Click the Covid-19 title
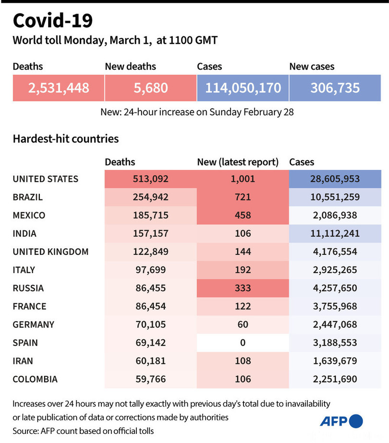click(53, 21)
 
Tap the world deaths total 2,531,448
click(58, 88)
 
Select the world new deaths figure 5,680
click(150, 88)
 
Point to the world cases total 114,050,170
click(243, 88)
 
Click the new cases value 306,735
click(335, 88)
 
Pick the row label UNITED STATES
click(45, 179)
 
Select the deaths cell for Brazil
click(150, 197)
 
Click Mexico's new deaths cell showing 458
click(243, 216)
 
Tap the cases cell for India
click(335, 234)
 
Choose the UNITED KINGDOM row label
click(50, 251)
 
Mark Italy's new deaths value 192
click(243, 270)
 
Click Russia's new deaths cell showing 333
click(243, 288)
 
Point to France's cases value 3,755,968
click(335, 306)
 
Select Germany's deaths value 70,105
click(150, 324)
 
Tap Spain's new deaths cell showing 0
click(243, 343)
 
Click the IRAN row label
click(23, 361)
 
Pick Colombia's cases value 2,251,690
click(335, 379)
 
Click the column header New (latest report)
click(238, 162)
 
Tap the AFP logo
click(341, 421)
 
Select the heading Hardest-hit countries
click(65, 139)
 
